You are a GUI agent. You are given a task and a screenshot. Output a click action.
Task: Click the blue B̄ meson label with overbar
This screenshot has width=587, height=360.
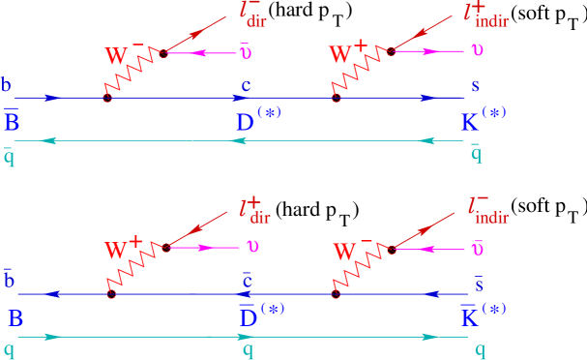click(x=12, y=122)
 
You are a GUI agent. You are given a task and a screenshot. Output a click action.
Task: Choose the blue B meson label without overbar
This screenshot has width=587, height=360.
click(x=15, y=318)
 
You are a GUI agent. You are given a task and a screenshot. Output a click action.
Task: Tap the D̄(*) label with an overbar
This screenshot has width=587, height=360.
click(x=260, y=315)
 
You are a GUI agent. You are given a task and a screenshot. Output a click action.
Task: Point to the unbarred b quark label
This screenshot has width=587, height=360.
click(x=7, y=85)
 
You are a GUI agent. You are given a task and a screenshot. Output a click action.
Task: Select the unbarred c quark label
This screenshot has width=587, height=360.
click(x=247, y=86)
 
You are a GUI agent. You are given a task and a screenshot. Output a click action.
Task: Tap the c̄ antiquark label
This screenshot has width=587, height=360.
click(x=248, y=282)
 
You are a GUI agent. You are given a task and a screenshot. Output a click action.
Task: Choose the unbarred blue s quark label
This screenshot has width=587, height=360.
click(x=475, y=87)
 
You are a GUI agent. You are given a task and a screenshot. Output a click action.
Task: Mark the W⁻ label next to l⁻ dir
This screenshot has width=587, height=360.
click(x=124, y=56)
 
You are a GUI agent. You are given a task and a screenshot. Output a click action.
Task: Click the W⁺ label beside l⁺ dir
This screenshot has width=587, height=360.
click(x=123, y=251)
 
